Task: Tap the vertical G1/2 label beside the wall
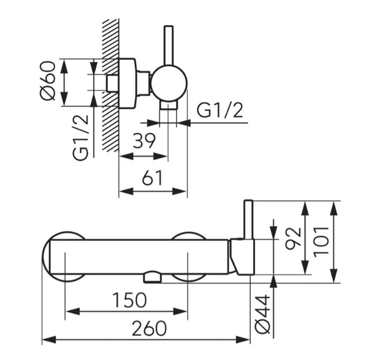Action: tap(81, 138)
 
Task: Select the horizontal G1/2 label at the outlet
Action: tap(220, 110)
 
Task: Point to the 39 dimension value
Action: tap(144, 141)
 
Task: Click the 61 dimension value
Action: tap(152, 177)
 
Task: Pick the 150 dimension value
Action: tap(130, 300)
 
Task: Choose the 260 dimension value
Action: tap(149, 328)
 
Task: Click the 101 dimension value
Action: tap(321, 241)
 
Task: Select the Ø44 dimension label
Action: tap(262, 314)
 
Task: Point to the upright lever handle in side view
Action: tap(169, 46)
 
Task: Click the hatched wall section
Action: tap(110, 85)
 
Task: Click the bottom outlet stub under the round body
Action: tap(168, 105)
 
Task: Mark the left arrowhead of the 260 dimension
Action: tap(49, 340)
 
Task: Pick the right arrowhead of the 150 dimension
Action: tap(180, 311)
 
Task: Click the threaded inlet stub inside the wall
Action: tap(112, 83)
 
